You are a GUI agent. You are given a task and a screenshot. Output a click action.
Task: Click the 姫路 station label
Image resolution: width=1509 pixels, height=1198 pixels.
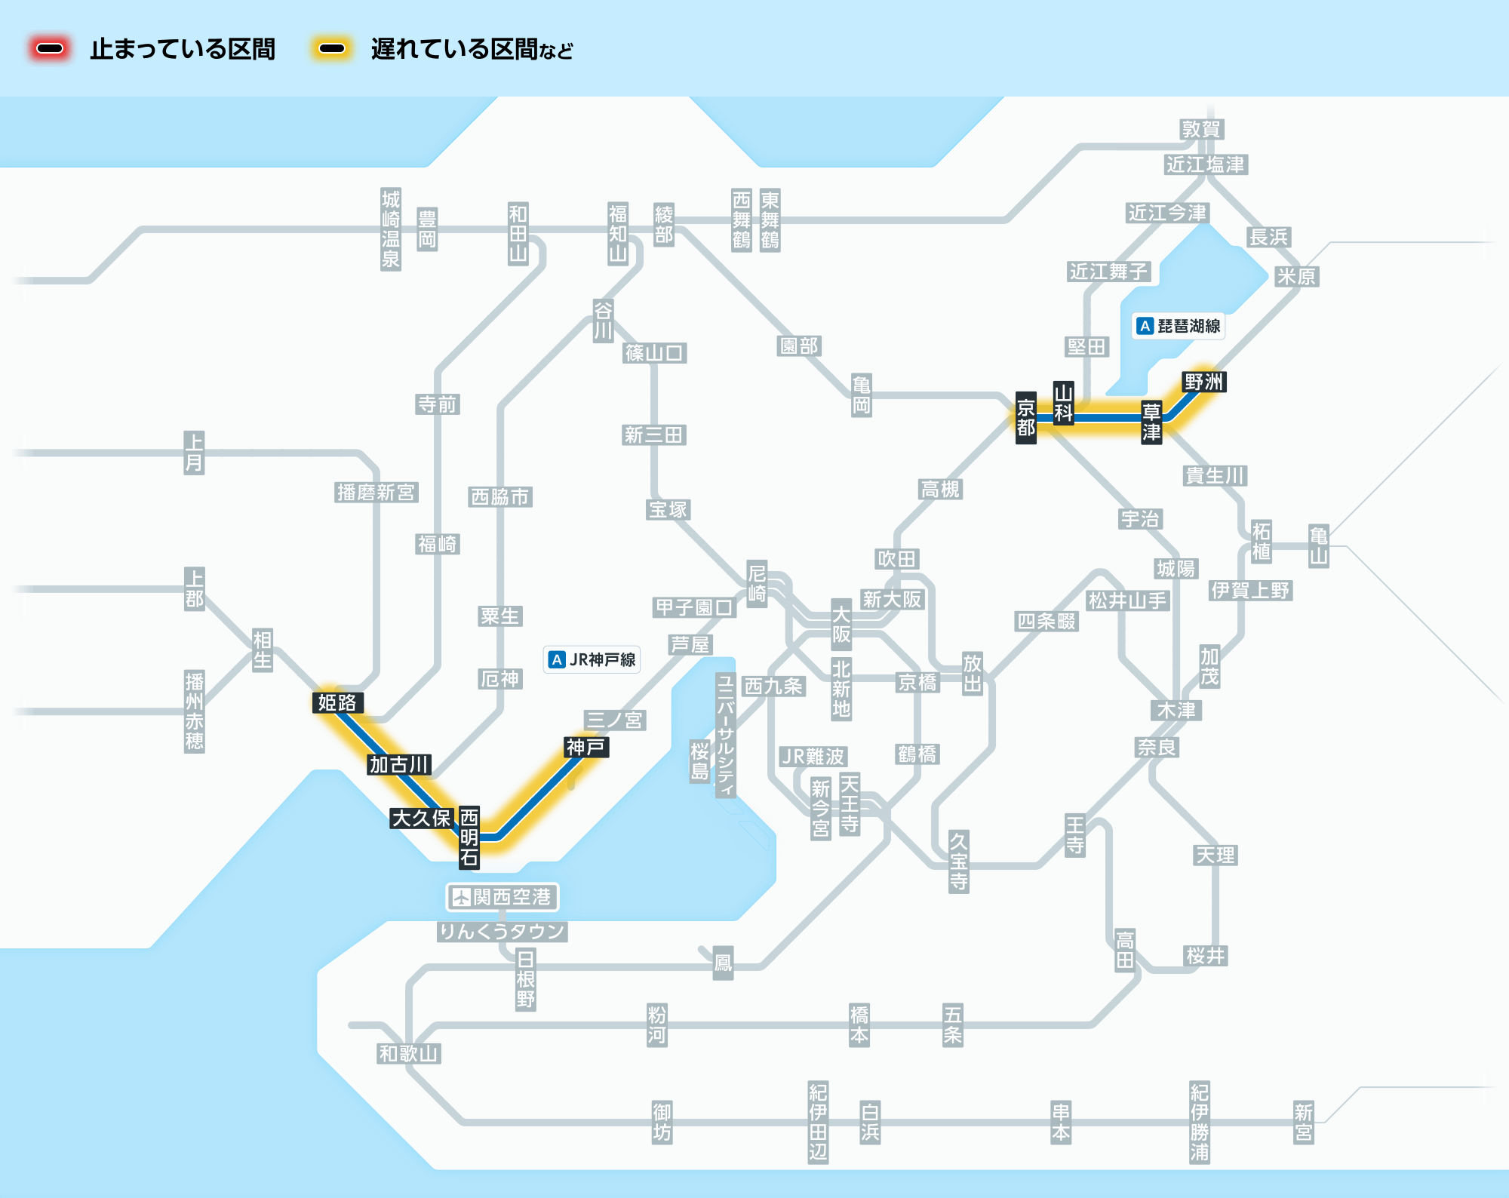337,703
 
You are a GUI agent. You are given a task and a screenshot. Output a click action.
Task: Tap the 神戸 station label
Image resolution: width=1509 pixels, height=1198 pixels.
585,748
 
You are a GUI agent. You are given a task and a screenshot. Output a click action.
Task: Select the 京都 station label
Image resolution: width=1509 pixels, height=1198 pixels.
1025,418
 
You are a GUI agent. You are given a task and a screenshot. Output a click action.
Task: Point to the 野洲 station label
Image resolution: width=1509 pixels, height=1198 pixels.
1203,382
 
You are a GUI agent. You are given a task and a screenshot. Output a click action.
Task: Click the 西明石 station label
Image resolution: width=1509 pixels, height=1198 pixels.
469,837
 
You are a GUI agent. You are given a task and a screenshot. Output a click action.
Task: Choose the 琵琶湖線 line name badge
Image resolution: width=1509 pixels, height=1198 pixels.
1179,326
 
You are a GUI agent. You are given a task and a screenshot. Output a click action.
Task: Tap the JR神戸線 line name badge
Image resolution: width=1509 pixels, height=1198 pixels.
592,660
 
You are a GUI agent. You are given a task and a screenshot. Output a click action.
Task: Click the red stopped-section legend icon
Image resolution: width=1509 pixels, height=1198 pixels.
50,49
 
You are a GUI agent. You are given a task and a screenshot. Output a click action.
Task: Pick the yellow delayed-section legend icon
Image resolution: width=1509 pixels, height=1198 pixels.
332,49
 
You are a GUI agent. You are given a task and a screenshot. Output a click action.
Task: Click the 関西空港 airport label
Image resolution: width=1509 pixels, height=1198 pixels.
502,897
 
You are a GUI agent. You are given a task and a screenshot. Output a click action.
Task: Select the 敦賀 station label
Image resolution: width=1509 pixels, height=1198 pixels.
1201,130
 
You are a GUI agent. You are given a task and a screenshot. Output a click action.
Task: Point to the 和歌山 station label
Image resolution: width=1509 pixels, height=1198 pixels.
409,1054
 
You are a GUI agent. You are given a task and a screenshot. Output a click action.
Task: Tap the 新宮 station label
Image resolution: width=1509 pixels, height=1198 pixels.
1303,1123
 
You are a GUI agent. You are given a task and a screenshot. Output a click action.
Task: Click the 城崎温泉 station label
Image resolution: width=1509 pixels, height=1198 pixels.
391,229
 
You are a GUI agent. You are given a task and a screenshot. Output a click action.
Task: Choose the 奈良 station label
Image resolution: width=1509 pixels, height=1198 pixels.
1157,748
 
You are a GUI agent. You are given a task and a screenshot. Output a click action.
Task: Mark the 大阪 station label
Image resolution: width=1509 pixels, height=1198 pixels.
841,625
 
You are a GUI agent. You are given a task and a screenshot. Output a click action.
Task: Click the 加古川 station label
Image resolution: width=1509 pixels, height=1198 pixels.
399,765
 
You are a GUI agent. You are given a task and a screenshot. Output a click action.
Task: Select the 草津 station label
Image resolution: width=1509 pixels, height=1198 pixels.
1151,422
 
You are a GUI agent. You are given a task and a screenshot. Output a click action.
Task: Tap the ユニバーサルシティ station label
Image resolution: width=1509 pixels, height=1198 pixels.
725,736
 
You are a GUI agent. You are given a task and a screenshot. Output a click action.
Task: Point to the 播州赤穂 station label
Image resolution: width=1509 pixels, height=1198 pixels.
195,711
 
